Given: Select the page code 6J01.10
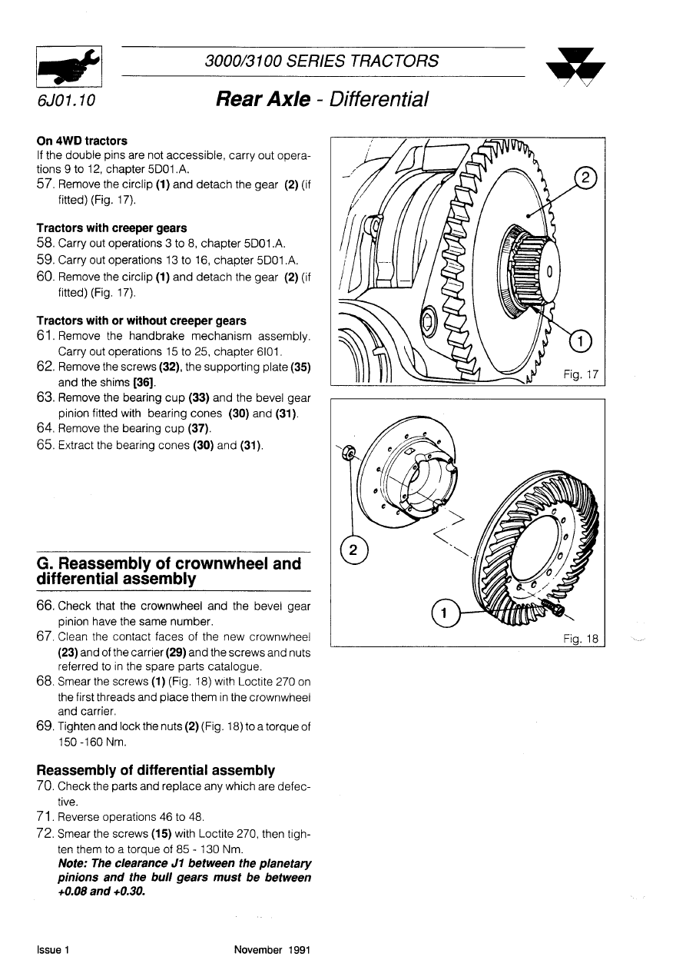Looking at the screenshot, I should (x=65, y=101).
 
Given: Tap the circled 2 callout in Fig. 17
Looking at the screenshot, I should (x=586, y=179).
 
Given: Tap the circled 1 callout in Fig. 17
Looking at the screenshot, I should (x=581, y=340).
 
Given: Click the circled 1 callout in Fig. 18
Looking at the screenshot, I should (x=443, y=613).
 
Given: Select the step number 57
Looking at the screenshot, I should (x=45, y=185).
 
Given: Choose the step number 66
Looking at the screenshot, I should (x=45, y=606).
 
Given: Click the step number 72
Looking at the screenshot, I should (x=45, y=834).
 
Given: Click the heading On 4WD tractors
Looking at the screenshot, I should (x=82, y=141).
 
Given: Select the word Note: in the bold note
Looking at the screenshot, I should (x=75, y=864).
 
